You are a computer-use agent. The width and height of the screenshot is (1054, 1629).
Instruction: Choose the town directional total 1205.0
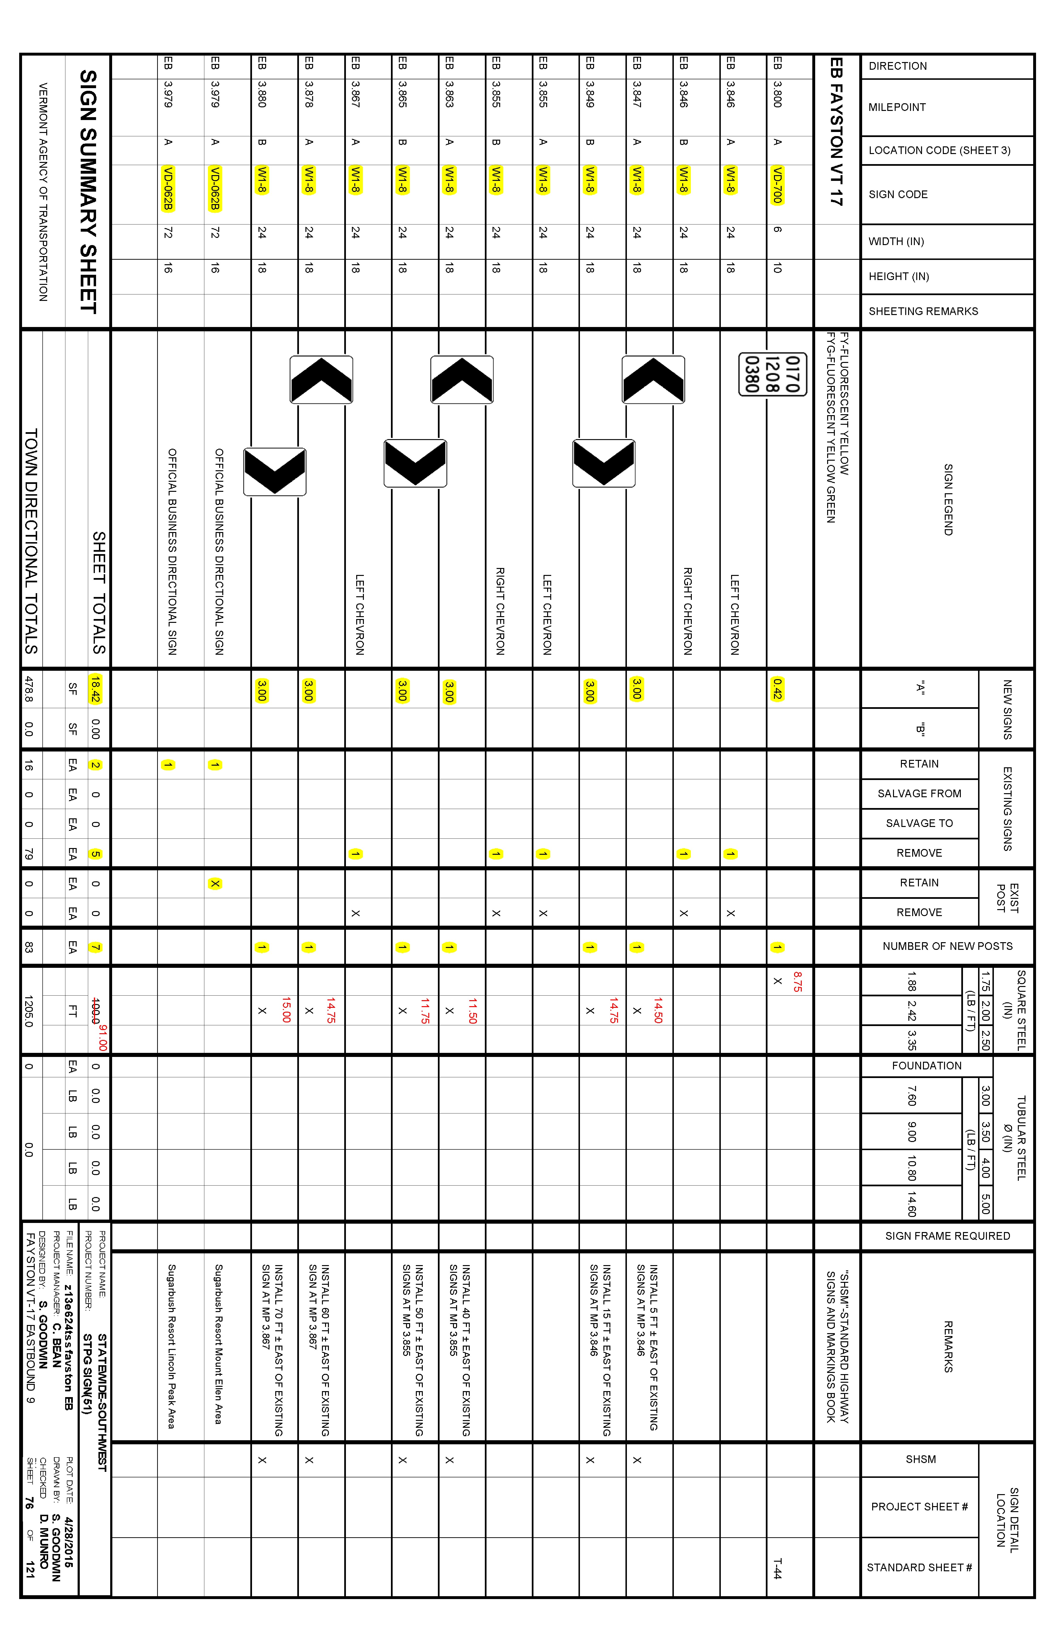28,1011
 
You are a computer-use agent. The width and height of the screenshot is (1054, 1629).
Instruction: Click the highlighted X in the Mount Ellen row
215,884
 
